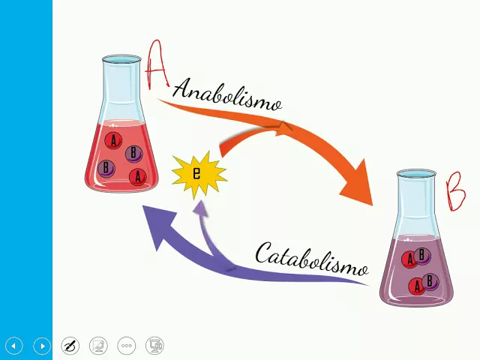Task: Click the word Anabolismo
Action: pos(227,94)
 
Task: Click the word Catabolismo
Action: pos(312,259)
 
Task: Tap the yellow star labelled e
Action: pos(197,174)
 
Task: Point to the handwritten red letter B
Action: pos(456,192)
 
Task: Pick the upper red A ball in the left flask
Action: pos(114,140)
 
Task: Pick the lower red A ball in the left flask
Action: pos(137,177)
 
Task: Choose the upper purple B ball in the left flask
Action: pos(133,153)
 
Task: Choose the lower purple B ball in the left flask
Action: pos(106,168)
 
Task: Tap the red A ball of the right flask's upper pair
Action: pos(409,259)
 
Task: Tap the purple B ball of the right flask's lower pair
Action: pos(430,281)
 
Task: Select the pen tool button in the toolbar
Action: pos(70,346)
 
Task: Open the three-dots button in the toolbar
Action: pos(127,346)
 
